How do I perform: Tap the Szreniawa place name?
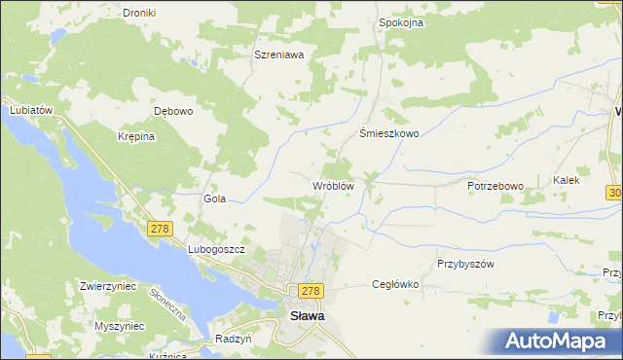tap(279, 55)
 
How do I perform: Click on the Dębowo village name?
tap(174, 111)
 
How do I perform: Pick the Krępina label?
tap(136, 136)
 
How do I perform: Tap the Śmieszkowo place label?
tap(389, 134)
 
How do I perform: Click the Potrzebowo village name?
tap(495, 185)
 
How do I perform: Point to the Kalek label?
tap(567, 180)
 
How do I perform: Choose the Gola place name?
tap(214, 198)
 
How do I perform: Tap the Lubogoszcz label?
tap(215, 249)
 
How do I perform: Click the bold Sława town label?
tap(309, 315)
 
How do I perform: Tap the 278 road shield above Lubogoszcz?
tap(160, 229)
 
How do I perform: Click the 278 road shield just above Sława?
tap(311, 291)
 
